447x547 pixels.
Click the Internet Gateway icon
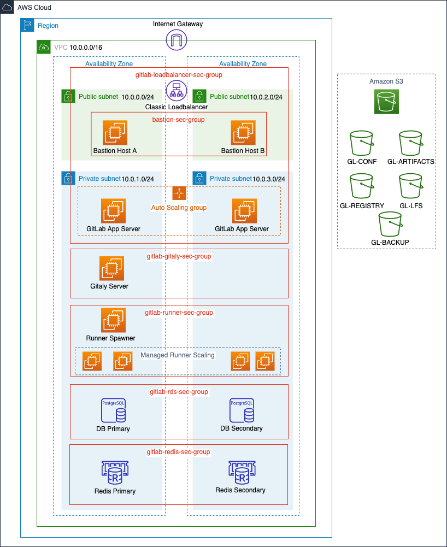(177, 39)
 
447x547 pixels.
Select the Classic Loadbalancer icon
(177, 91)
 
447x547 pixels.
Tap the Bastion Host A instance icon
(115, 133)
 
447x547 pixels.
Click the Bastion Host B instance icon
(243, 133)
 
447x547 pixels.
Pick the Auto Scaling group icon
(179, 193)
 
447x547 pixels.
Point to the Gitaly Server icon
(111, 268)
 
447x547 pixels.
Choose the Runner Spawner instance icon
(113, 320)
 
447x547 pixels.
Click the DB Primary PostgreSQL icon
(113, 410)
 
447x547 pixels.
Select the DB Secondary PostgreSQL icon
(241, 410)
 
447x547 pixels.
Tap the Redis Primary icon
(115, 473)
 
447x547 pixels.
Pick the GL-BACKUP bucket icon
(390, 224)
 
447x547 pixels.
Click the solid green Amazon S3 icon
(386, 102)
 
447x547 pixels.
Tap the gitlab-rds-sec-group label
(179, 392)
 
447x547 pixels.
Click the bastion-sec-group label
(178, 119)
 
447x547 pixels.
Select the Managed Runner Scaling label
(178, 355)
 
